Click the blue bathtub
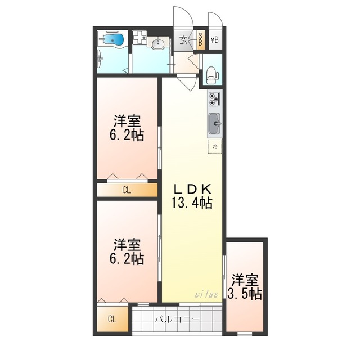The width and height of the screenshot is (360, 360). pyautogui.click(x=113, y=39)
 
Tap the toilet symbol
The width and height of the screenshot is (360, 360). pyautogui.click(x=213, y=75)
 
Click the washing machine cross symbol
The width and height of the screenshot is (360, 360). pyautogui.click(x=139, y=37)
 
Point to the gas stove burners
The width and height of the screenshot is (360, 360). pyautogui.click(x=214, y=99)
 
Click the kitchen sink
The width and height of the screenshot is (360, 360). pyautogui.click(x=215, y=124)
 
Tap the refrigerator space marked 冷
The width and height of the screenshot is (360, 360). pyautogui.click(x=215, y=146)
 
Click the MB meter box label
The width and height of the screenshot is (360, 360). pyautogui.click(x=215, y=40)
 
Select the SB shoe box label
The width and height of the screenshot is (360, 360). pyautogui.click(x=200, y=39)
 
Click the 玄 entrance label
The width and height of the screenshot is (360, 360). pyautogui.click(x=183, y=40)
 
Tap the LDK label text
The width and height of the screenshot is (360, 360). pyautogui.click(x=192, y=190)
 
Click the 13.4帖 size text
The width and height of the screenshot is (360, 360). pyautogui.click(x=192, y=202)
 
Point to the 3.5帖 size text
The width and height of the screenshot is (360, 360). pyautogui.click(x=245, y=294)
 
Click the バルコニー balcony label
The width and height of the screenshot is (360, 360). pyautogui.click(x=177, y=319)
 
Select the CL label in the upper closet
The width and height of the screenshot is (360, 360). pyautogui.click(x=127, y=190)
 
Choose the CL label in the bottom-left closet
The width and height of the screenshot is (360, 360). pyautogui.click(x=112, y=319)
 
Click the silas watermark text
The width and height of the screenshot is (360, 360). pyautogui.click(x=206, y=294)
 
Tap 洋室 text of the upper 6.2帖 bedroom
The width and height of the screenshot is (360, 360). pyautogui.click(x=127, y=121)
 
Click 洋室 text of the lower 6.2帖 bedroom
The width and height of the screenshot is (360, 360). pyautogui.click(x=127, y=245)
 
